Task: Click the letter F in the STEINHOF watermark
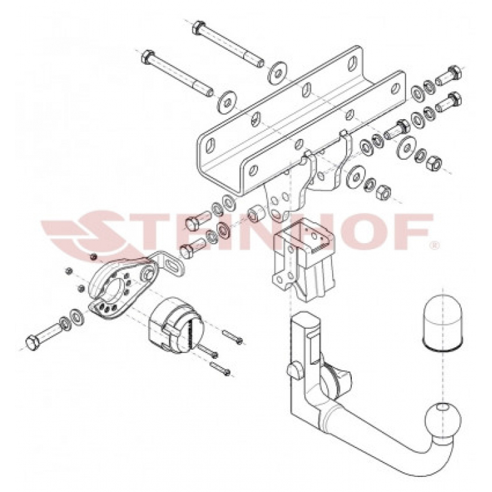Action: pyautogui.click(x=411, y=232)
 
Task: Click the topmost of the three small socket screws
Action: pyautogui.click(x=234, y=338)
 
